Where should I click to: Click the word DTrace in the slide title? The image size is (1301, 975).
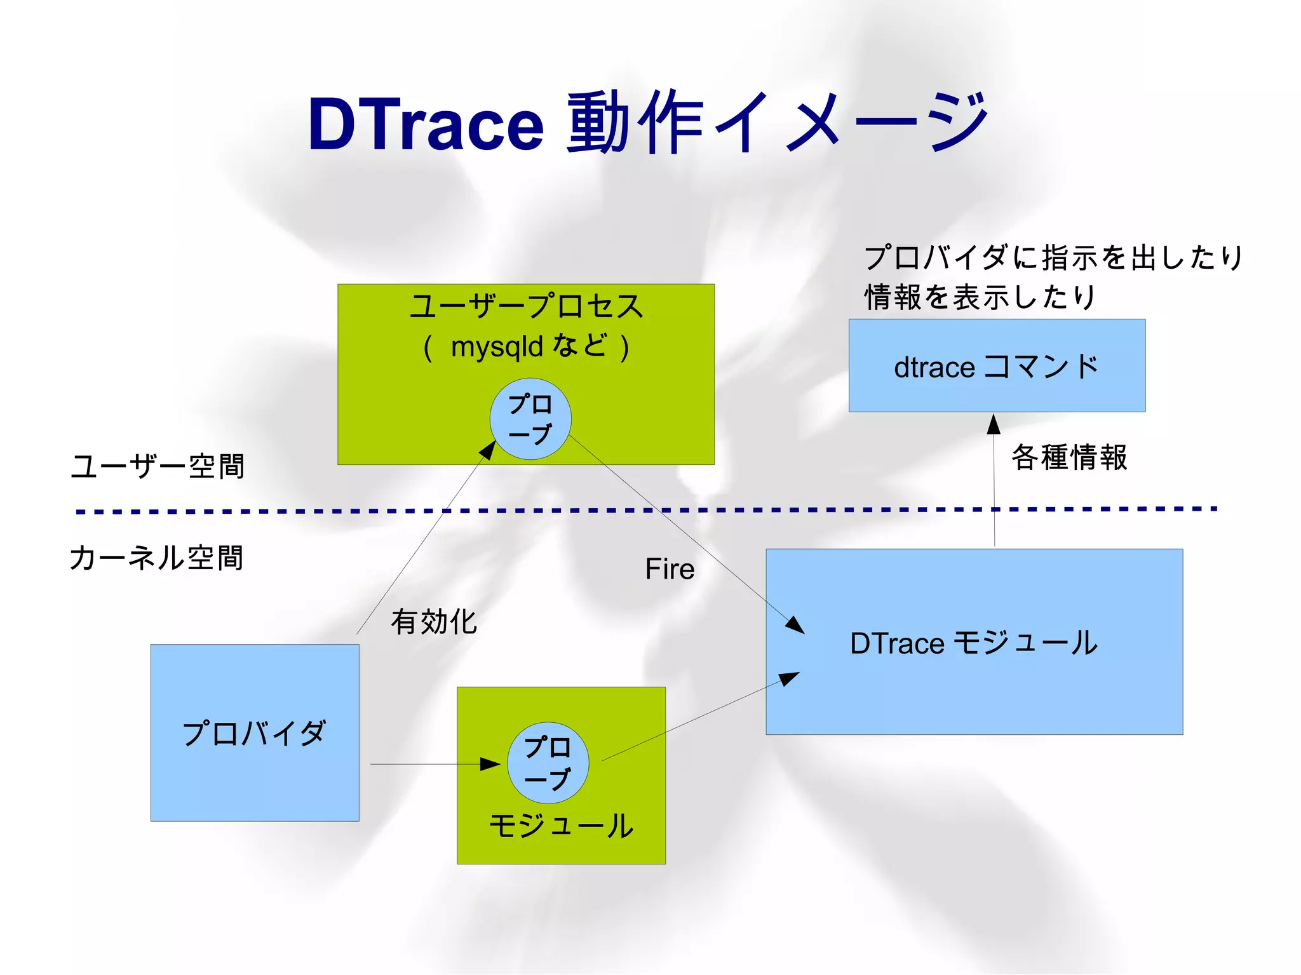pyautogui.click(x=426, y=124)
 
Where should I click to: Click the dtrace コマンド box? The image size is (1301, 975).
pyautogui.click(x=997, y=366)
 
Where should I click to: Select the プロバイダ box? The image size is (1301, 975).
pyautogui.click(x=254, y=733)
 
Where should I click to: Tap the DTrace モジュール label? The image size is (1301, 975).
pyautogui.click(x=974, y=643)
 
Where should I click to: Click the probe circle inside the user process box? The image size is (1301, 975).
pyautogui.click(x=530, y=419)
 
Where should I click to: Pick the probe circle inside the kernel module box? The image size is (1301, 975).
pyautogui.click(x=548, y=763)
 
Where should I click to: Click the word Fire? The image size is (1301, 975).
pyautogui.click(x=670, y=569)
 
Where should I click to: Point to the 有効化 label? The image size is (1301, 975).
pyautogui.click(x=434, y=621)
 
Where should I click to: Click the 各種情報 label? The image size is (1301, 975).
pyautogui.click(x=1069, y=457)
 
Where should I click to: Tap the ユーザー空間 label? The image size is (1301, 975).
pyautogui.click(x=158, y=466)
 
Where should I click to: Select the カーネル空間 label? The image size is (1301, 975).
pyautogui.click(x=156, y=558)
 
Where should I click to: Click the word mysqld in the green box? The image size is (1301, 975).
pyautogui.click(x=497, y=347)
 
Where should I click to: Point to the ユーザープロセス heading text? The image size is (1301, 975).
pyautogui.click(x=526, y=306)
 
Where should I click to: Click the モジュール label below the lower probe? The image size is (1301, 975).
pyautogui.click(x=561, y=826)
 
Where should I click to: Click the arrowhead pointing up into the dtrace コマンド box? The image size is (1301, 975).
pyautogui.click(x=994, y=424)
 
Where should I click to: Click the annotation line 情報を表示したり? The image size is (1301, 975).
pyautogui.click(x=980, y=297)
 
